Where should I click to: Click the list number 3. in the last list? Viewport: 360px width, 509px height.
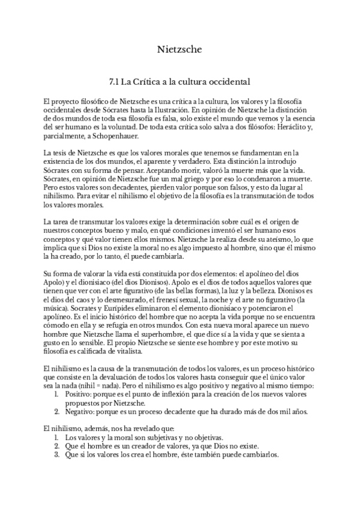56,454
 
